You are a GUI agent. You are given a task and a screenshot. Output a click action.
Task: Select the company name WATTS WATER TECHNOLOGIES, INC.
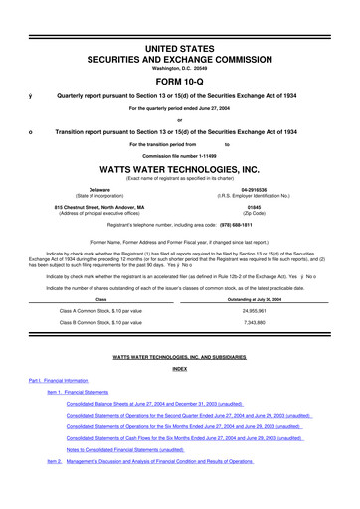point(179,169)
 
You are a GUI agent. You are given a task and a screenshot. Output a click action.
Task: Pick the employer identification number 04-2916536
point(259,188)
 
